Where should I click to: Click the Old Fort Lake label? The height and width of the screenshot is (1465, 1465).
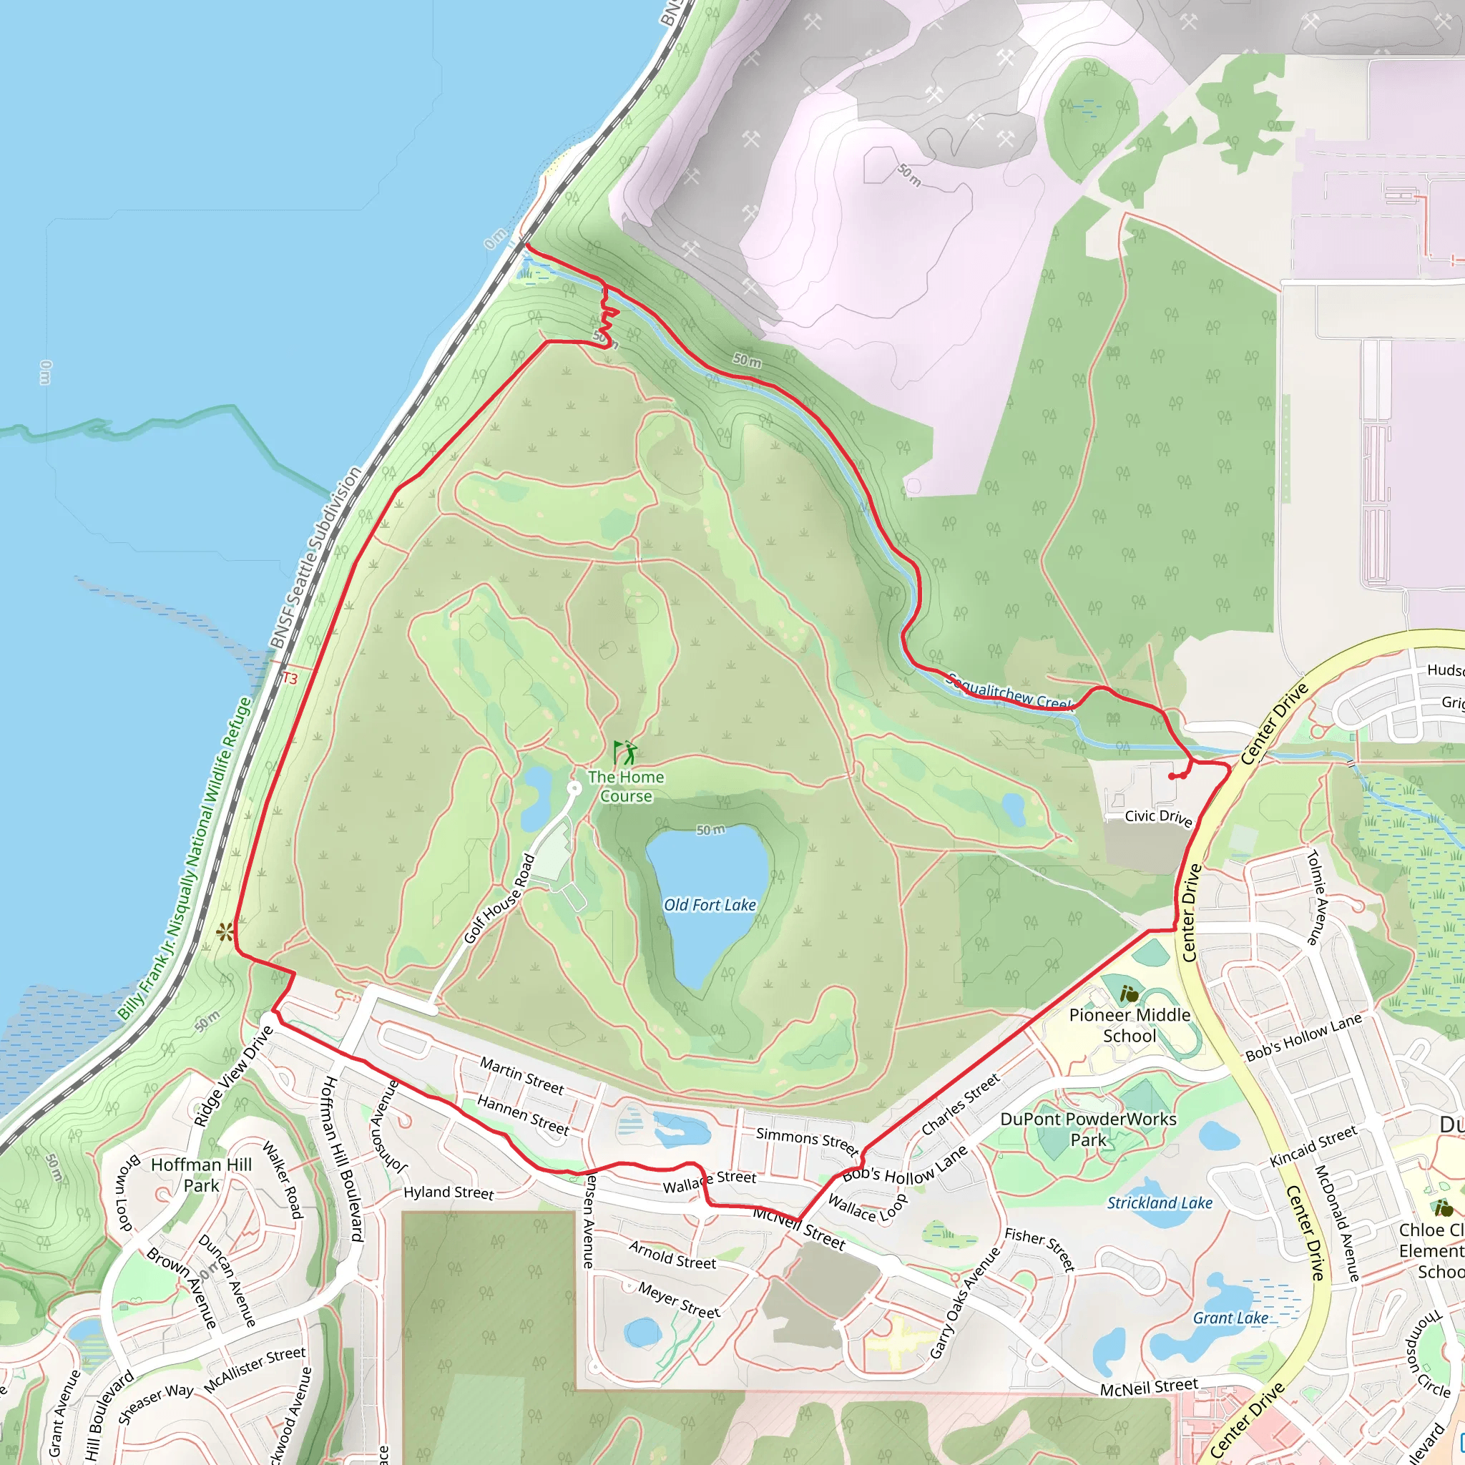click(710, 905)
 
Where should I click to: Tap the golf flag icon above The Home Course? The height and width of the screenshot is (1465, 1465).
click(624, 753)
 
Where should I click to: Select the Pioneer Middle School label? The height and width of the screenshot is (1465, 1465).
click(1129, 1025)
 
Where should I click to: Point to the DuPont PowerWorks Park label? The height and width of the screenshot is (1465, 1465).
click(1088, 1129)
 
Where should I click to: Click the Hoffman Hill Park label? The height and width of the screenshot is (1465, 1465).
click(202, 1175)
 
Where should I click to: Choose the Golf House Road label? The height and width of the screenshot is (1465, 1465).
click(500, 898)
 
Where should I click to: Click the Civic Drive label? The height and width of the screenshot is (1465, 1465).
click(1158, 817)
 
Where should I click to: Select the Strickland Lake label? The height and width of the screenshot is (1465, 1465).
click(1160, 1202)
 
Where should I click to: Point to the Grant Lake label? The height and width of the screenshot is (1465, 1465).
click(1230, 1318)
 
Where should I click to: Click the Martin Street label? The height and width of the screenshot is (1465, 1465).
click(521, 1076)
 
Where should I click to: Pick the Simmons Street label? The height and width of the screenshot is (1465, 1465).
click(807, 1140)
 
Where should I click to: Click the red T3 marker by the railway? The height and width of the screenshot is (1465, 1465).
click(290, 679)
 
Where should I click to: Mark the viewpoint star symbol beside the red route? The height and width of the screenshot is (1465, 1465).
click(225, 932)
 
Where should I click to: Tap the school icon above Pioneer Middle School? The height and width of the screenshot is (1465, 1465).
click(1129, 994)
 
